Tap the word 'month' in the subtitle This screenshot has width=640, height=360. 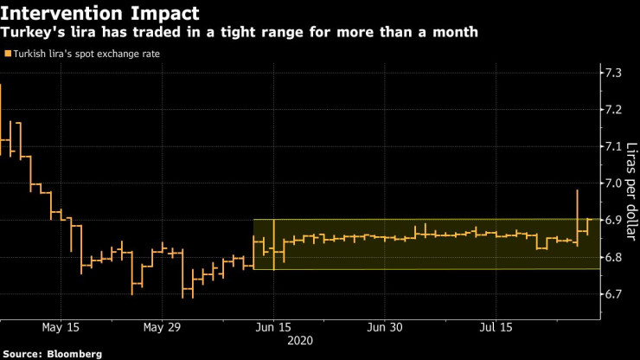(452, 33)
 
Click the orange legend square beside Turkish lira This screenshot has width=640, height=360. (8, 54)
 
